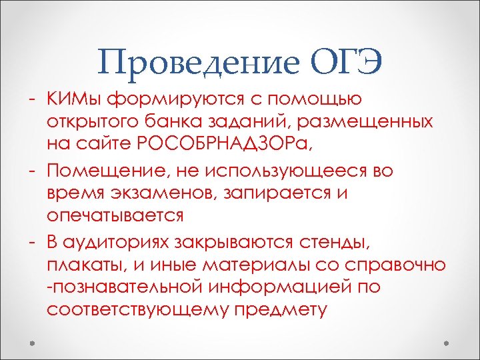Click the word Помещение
pos(110,171)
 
